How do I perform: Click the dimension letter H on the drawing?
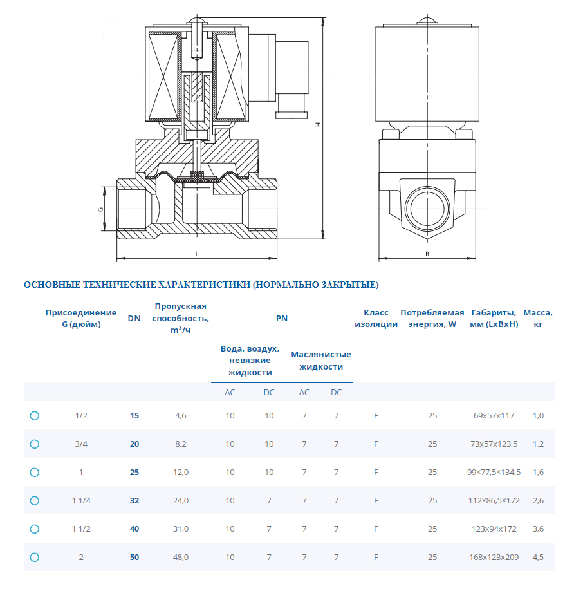[x=317, y=125]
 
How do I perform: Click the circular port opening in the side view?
[x=427, y=209]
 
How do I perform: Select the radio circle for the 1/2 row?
[x=35, y=416]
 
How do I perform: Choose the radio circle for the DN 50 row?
[x=35, y=558]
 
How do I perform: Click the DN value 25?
[x=134, y=473]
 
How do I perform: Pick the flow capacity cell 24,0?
[x=181, y=501]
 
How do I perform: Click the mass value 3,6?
[x=538, y=529]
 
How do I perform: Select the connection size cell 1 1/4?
[x=81, y=501]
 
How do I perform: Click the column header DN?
[x=134, y=318]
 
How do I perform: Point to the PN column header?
[x=282, y=318]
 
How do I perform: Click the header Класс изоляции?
[x=376, y=318]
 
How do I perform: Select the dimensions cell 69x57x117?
[x=494, y=416]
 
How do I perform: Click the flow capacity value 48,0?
[x=181, y=558]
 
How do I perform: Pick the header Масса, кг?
[x=538, y=318]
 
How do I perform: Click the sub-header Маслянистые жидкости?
[x=320, y=361]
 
